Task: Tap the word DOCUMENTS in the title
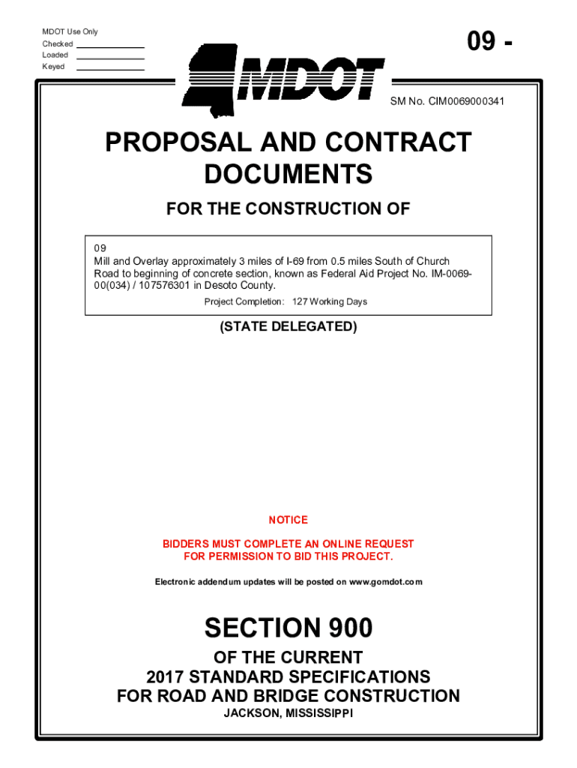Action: click(x=288, y=175)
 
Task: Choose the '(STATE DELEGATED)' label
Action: click(x=288, y=327)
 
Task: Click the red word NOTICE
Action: click(x=288, y=520)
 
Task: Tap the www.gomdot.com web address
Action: click(x=386, y=582)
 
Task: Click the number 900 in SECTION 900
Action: click(x=347, y=628)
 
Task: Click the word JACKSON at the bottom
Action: click(x=252, y=712)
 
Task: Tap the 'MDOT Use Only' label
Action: click(x=70, y=32)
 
